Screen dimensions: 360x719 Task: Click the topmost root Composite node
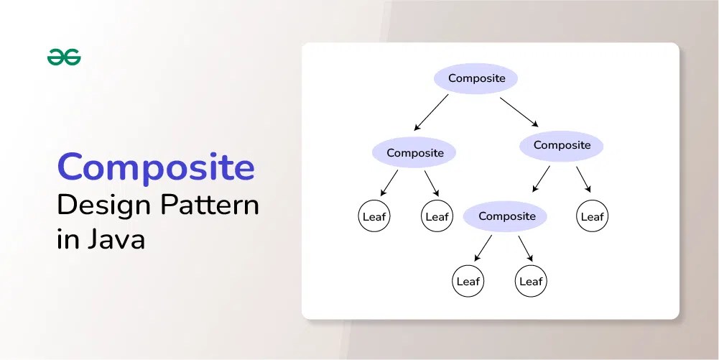pyautogui.click(x=476, y=78)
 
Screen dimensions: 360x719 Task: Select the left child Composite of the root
pyautogui.click(x=414, y=152)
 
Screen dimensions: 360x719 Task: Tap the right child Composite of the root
pyautogui.click(x=562, y=145)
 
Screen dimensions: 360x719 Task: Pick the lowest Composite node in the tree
pyautogui.click(x=506, y=216)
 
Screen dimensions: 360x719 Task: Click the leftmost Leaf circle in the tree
pyautogui.click(x=374, y=216)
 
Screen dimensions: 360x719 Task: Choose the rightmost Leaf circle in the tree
pyautogui.click(x=592, y=216)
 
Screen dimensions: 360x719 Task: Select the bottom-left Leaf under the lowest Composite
pyautogui.click(x=468, y=282)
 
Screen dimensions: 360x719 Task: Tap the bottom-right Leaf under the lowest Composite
pyautogui.click(x=531, y=282)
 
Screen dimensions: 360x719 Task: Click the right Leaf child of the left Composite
pyautogui.click(x=437, y=216)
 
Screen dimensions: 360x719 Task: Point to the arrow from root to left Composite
pyautogui.click(x=431, y=112)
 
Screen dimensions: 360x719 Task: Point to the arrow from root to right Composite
pyautogui.click(x=519, y=111)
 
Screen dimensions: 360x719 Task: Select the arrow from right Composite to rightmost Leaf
pyautogui.click(x=583, y=179)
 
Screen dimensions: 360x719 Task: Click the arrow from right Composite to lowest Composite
pyautogui.click(x=541, y=179)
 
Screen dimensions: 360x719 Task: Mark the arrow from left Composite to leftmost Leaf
pyautogui.click(x=389, y=183)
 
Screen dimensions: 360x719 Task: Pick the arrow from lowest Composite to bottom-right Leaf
pyautogui.click(x=526, y=248)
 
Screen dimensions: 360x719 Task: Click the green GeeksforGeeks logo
pyautogui.click(x=64, y=57)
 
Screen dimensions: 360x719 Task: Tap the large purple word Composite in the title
pyautogui.click(x=156, y=167)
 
